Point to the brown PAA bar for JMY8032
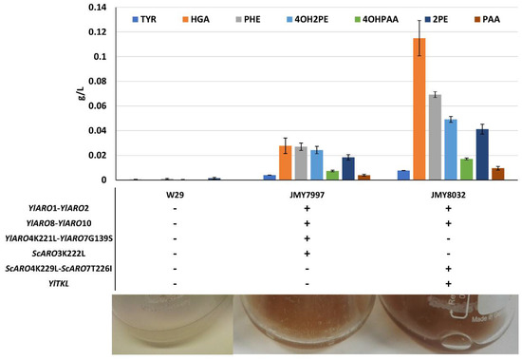tap(472, 174)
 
